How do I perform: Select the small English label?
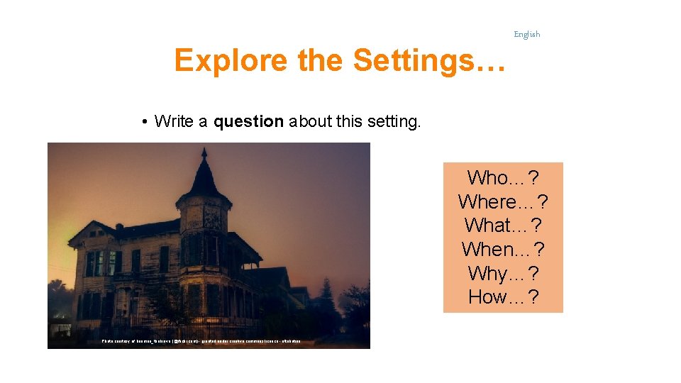(526, 34)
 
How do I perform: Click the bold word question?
(248, 122)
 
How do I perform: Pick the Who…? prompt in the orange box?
(503, 177)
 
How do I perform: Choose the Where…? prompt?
(503, 201)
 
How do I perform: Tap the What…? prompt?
(503, 226)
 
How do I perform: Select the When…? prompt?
(503, 250)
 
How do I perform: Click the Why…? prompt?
(503, 273)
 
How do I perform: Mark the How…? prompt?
(503, 297)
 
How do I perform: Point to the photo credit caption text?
(201, 342)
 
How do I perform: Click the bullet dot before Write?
(144, 122)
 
